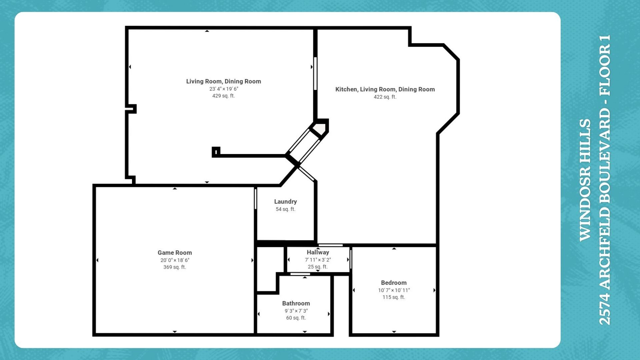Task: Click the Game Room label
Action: pyautogui.click(x=175, y=253)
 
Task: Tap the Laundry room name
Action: pyautogui.click(x=285, y=202)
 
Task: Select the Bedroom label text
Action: pyautogui.click(x=394, y=283)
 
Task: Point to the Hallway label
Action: pyautogui.click(x=318, y=252)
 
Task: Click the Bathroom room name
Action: pyautogui.click(x=296, y=303)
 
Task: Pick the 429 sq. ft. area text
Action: pyautogui.click(x=223, y=96)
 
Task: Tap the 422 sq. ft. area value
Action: pyautogui.click(x=385, y=97)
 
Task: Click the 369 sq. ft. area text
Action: pyautogui.click(x=175, y=267)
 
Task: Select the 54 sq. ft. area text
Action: pyautogui.click(x=285, y=209)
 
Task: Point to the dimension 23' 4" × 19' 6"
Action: pyautogui.click(x=224, y=89)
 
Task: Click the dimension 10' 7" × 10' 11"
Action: pyautogui.click(x=394, y=290)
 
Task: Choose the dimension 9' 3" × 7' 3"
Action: pyautogui.click(x=296, y=311)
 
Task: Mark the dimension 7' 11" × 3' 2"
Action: pyautogui.click(x=318, y=260)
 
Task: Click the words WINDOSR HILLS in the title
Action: pyautogui.click(x=585, y=180)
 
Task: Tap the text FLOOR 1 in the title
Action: pyautogui.click(x=605, y=65)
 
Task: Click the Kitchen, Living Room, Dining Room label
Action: pyautogui.click(x=385, y=89)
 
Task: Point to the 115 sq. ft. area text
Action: pyautogui.click(x=394, y=297)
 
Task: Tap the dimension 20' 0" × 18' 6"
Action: pyautogui.click(x=175, y=260)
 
